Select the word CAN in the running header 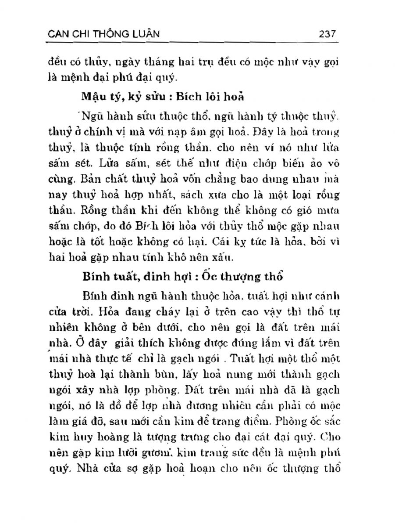pyautogui.click(x=58, y=33)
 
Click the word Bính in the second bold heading pyautogui.click(x=93, y=277)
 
